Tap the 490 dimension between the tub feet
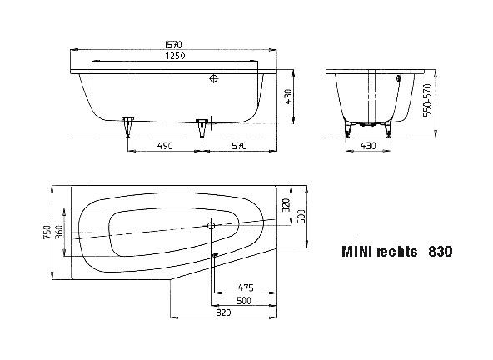164,145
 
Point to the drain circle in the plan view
212,225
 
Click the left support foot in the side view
127,126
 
